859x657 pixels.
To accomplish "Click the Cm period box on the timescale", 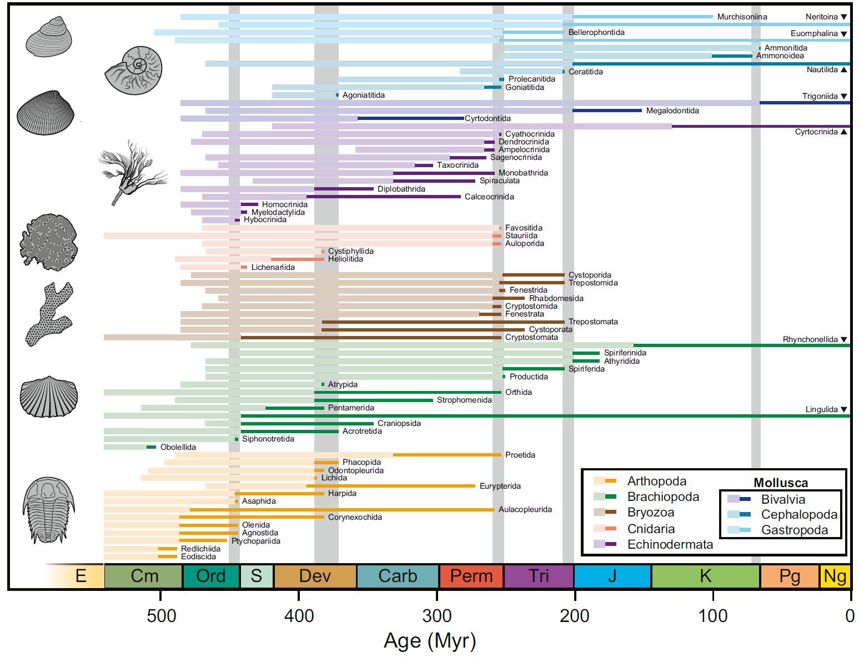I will click(x=143, y=576).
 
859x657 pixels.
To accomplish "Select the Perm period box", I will click(x=471, y=576).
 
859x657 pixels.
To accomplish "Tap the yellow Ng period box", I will click(x=835, y=576).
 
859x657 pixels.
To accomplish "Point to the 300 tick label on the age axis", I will click(x=437, y=615).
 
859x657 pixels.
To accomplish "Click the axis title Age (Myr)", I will click(x=430, y=640).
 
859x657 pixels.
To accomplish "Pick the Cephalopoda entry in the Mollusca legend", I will click(x=798, y=514).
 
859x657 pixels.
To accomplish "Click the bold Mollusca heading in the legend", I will click(x=780, y=483).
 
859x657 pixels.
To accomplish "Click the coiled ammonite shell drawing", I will click(x=134, y=71).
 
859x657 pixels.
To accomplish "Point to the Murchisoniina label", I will click(x=742, y=17).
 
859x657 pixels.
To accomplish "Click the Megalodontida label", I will click(x=672, y=111).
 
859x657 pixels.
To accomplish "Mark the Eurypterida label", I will click(x=500, y=486).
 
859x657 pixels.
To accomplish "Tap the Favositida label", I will click(x=524, y=228).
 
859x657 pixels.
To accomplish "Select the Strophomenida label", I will click(x=464, y=400).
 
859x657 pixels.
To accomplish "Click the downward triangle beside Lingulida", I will click(x=844, y=409).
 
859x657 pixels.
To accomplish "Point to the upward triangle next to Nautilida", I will click(x=844, y=69).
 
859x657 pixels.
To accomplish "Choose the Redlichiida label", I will click(x=200, y=549).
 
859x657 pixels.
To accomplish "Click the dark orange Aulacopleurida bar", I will click(x=341, y=509).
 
